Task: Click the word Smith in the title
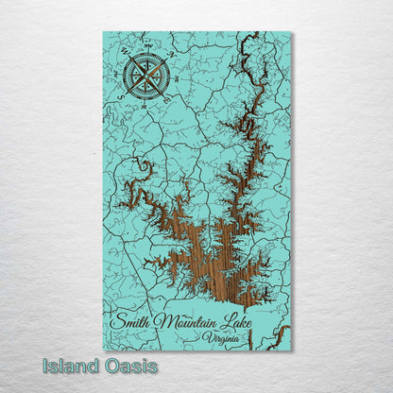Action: pos(129,320)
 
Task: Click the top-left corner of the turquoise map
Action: pos(103,32)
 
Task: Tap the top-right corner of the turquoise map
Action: pos(291,32)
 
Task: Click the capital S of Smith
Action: pos(115,320)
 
